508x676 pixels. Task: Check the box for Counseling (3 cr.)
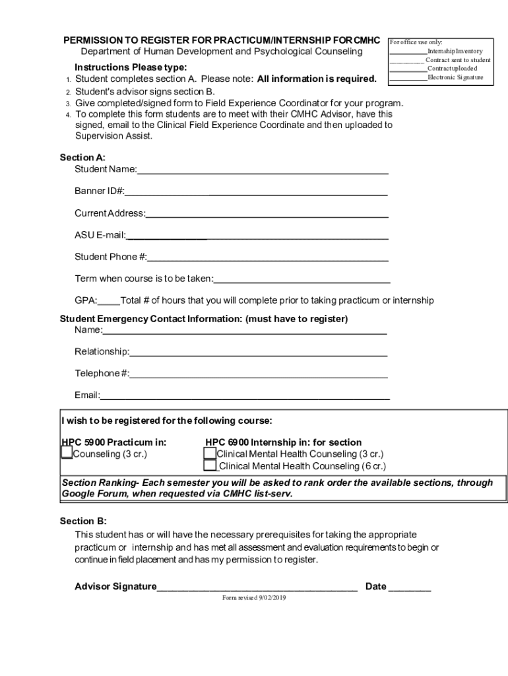pyautogui.click(x=67, y=453)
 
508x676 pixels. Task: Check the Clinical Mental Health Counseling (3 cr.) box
pyautogui.click(x=210, y=453)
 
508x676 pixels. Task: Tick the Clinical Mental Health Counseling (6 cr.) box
pyautogui.click(x=210, y=465)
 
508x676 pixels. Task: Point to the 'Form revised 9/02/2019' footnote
pyautogui.click(x=255, y=598)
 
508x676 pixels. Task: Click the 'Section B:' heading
pyautogui.click(x=83, y=521)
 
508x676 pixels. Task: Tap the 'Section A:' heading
pyautogui.click(x=82, y=158)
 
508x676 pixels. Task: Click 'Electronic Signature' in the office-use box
pyautogui.click(x=455, y=78)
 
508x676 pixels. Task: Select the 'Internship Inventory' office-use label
pyautogui.click(x=455, y=51)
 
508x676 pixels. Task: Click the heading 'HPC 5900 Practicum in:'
pyautogui.click(x=113, y=442)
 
